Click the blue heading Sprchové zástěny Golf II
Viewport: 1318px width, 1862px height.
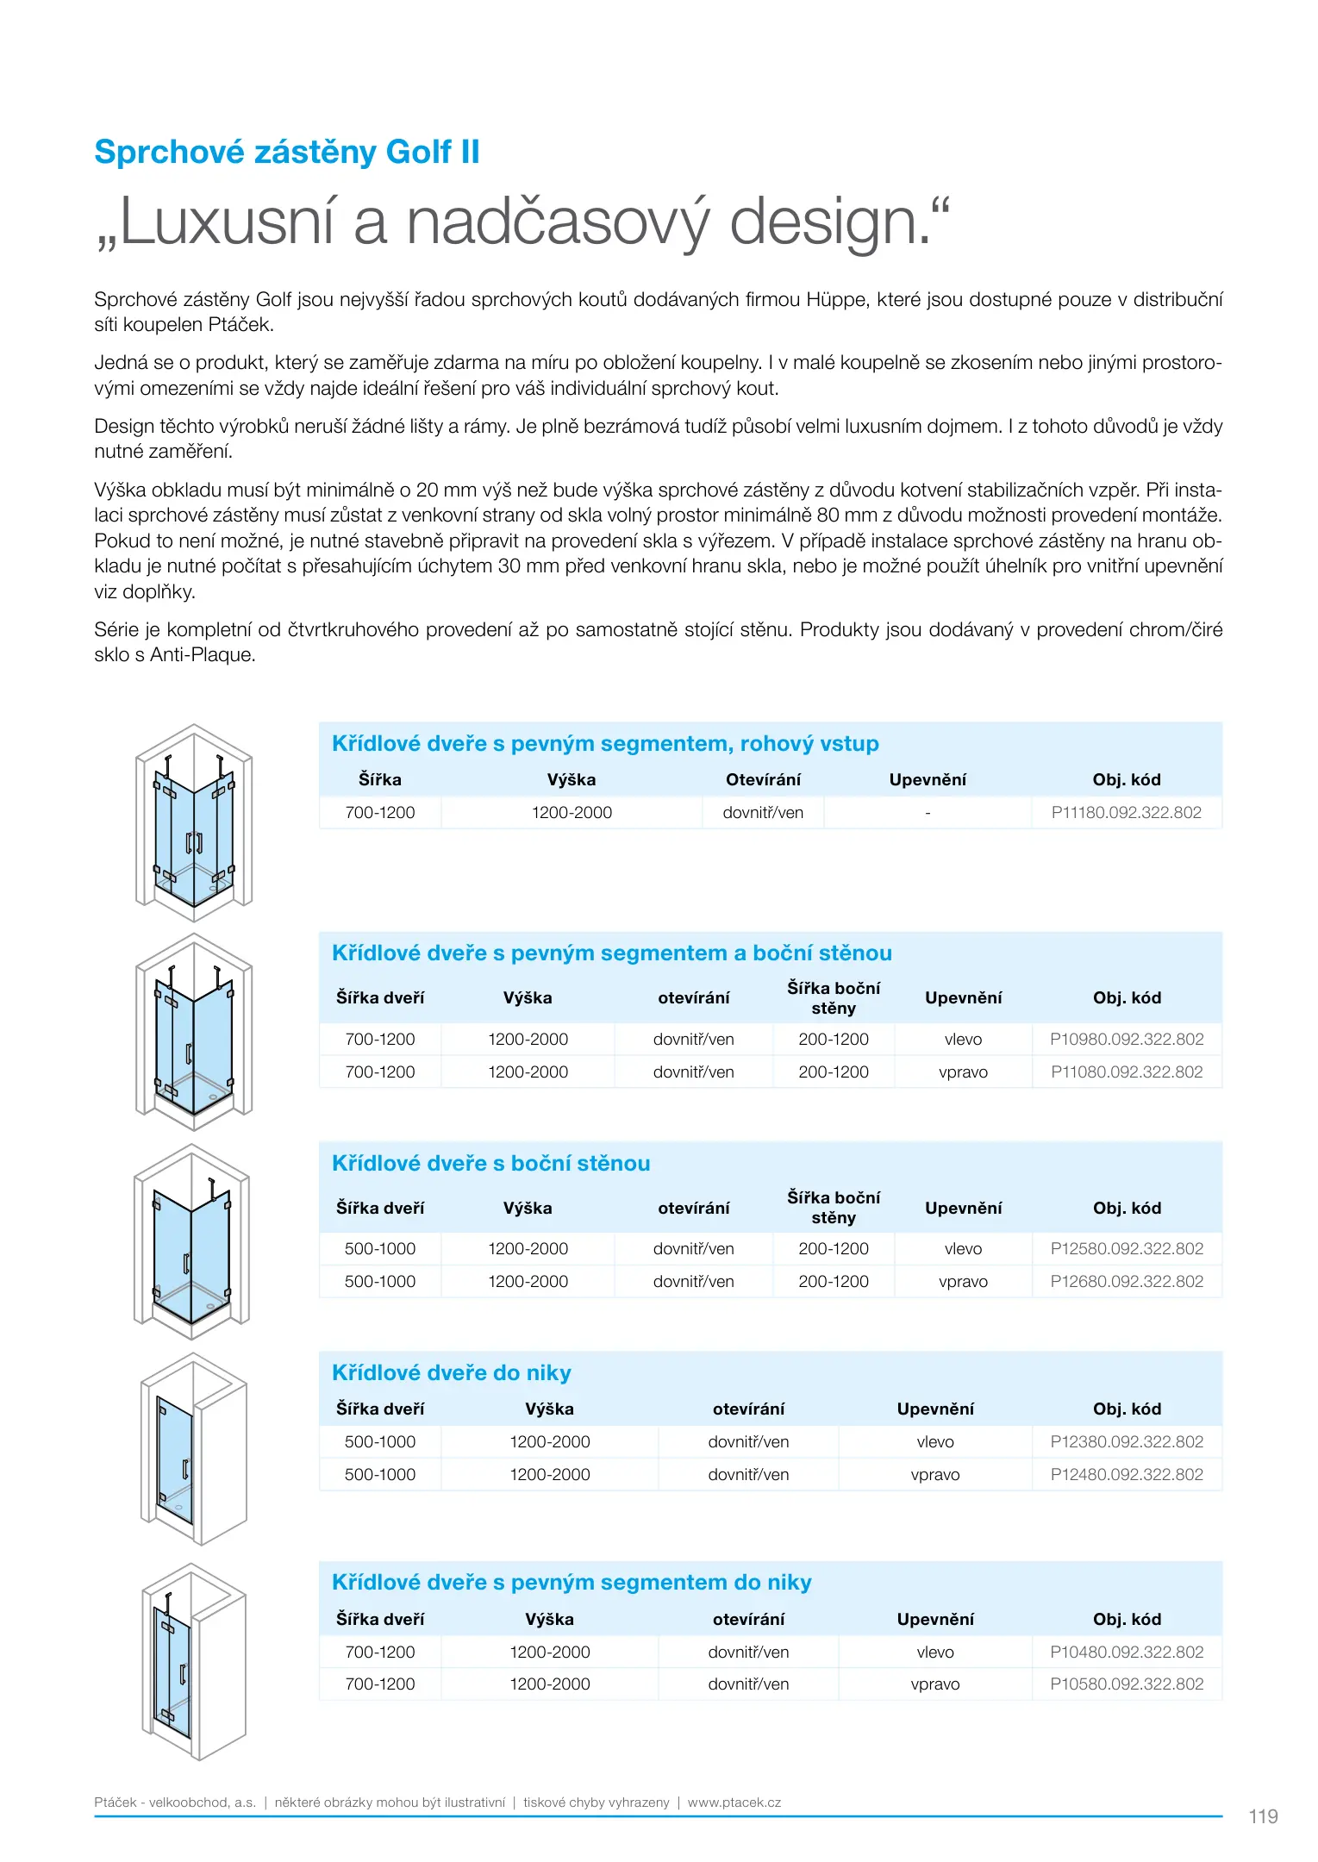click(286, 152)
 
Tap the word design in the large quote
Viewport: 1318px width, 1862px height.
click(829, 222)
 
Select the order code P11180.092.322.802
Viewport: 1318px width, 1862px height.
click(1126, 812)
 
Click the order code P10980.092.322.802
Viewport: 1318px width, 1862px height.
click(1126, 1039)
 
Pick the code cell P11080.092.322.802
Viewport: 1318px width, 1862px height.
click(1126, 1072)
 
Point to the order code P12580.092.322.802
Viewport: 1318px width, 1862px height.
click(1126, 1248)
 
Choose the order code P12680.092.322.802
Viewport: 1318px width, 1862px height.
click(1126, 1281)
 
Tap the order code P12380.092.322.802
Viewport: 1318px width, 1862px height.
click(1126, 1441)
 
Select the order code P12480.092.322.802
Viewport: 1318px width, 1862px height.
click(1126, 1474)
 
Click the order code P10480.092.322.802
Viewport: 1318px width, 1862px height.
click(1126, 1652)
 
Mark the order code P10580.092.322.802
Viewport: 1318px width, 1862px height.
click(1126, 1684)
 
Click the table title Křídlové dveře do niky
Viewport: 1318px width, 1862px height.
click(451, 1372)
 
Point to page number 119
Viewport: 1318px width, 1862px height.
click(1263, 1816)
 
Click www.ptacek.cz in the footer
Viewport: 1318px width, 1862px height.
click(734, 1802)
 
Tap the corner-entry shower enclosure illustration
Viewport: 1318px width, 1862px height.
click(194, 823)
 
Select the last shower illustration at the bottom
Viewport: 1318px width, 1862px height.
click(194, 1661)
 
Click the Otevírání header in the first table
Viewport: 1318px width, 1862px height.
click(763, 779)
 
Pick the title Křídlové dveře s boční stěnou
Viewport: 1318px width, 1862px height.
click(490, 1163)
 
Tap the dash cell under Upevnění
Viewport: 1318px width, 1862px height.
click(928, 813)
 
